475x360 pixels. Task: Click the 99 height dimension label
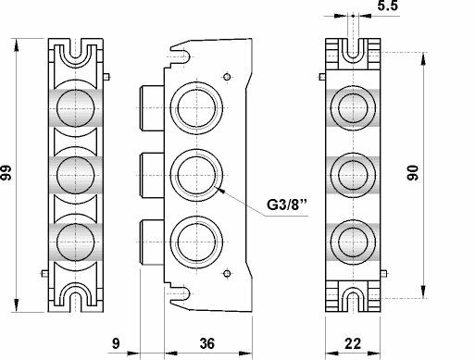click(6, 173)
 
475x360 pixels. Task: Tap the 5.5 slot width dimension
click(388, 6)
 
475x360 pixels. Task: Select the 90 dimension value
click(413, 173)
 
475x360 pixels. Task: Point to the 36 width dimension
click(207, 343)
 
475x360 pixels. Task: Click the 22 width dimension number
click(353, 343)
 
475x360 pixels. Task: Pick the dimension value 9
click(116, 343)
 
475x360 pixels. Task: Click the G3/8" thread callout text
click(287, 205)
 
